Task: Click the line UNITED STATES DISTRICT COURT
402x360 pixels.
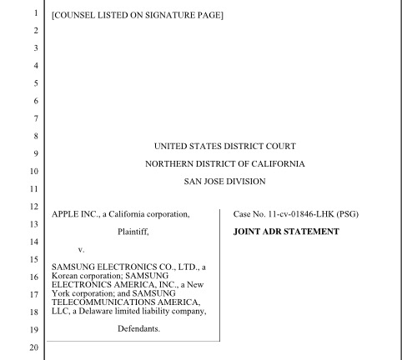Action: (x=225, y=146)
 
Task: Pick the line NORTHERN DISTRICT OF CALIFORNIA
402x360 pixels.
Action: (x=225, y=163)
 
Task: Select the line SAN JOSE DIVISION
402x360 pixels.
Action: (x=225, y=181)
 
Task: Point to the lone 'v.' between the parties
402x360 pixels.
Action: (x=82, y=249)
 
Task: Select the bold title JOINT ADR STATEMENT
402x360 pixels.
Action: (x=286, y=232)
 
